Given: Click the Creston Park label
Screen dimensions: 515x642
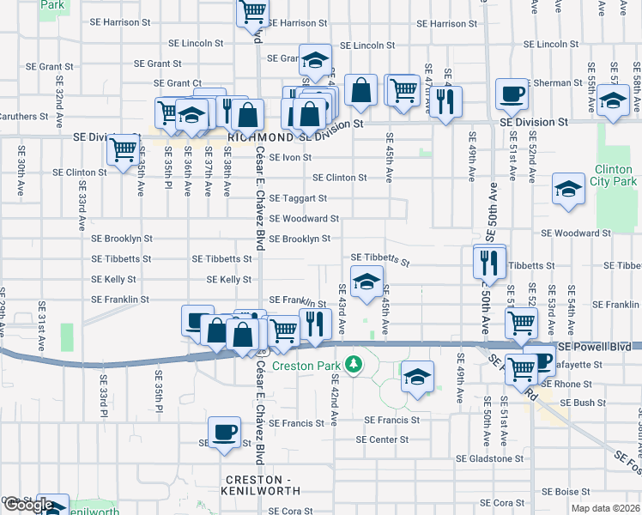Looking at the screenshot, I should [x=306, y=366].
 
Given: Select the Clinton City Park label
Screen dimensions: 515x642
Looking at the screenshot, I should [x=615, y=176].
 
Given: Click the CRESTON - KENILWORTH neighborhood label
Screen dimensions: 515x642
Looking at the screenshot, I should [x=263, y=485].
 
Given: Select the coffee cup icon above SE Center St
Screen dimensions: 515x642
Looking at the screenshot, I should [x=224, y=432].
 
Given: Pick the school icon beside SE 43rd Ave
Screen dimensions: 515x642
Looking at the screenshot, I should [x=366, y=282].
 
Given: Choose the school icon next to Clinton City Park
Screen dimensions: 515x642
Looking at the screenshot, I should [x=568, y=191].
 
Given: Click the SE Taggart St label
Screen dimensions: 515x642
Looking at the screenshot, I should [x=298, y=198].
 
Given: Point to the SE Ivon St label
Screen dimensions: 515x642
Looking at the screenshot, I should [x=290, y=158].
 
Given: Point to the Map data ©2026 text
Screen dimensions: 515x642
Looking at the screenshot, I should [x=605, y=508].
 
